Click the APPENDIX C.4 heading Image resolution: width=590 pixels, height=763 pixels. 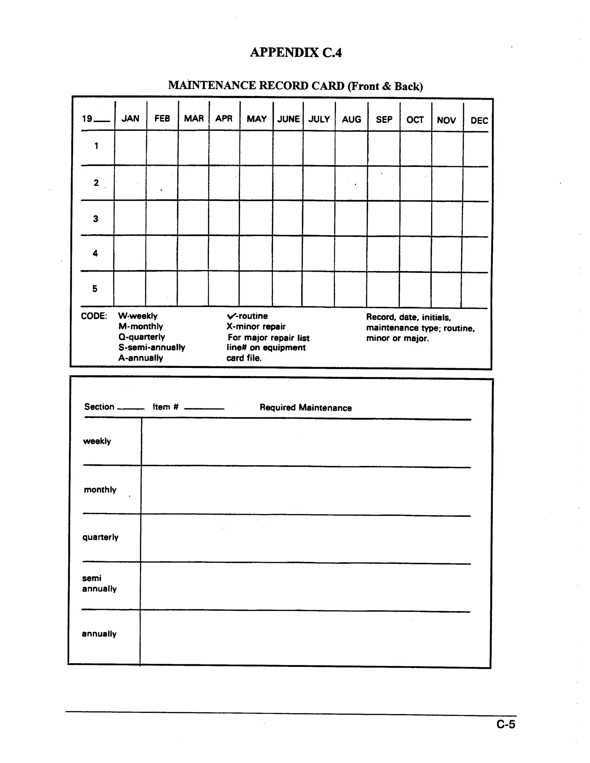click(x=296, y=52)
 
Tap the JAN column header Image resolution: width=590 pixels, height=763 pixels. click(x=131, y=118)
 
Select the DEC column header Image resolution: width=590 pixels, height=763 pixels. click(x=479, y=121)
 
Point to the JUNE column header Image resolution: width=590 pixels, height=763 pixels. click(x=288, y=119)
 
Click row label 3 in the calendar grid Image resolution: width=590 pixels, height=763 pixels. click(x=95, y=219)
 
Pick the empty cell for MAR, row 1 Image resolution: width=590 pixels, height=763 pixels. click(x=193, y=148)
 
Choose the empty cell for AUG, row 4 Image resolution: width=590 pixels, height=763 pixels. click(x=351, y=254)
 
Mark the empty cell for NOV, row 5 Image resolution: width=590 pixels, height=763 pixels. click(x=446, y=290)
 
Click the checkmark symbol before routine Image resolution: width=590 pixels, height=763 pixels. click(x=231, y=316)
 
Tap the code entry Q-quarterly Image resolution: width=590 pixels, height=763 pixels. click(x=141, y=337)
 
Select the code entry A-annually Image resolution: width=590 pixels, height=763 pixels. click(x=141, y=358)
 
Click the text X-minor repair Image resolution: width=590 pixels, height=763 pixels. click(x=256, y=326)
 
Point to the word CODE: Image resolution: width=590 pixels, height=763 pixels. click(x=94, y=316)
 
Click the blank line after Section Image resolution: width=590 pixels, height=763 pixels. click(x=131, y=408)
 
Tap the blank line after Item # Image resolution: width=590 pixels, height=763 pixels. click(x=204, y=408)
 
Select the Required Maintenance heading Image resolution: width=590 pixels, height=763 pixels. click(x=305, y=408)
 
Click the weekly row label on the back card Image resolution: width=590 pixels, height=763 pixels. click(x=97, y=441)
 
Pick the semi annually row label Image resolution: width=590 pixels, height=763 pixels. click(x=99, y=583)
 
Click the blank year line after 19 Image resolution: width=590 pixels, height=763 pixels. click(x=102, y=121)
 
